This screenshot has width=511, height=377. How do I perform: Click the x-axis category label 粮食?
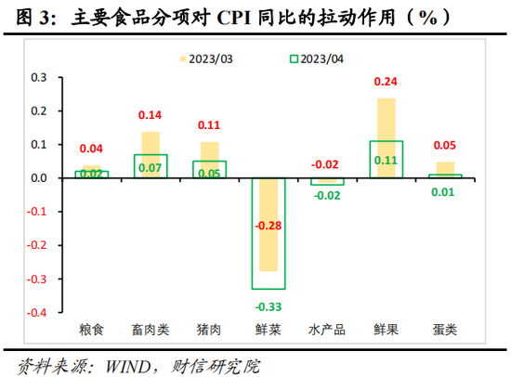[92, 330]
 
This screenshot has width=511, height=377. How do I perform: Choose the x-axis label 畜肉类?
[151, 330]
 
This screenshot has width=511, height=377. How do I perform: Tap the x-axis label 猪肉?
[209, 330]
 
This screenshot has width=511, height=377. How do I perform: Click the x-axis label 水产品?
[326, 330]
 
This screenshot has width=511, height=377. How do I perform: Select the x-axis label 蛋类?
[444, 330]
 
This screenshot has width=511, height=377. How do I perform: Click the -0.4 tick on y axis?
[38, 313]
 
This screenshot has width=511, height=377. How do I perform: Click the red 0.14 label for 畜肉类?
[151, 116]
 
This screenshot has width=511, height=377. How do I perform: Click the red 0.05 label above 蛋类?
[444, 147]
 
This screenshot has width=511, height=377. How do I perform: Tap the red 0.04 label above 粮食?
[92, 149]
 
